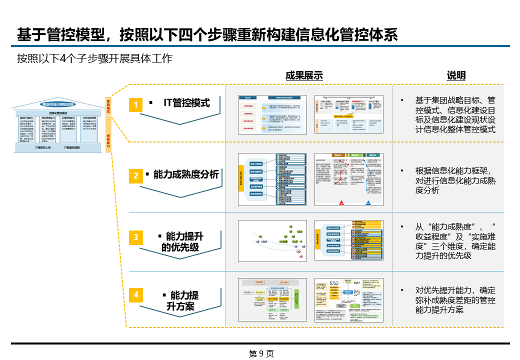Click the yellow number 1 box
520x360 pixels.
coord(136,104)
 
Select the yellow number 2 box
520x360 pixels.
coord(136,175)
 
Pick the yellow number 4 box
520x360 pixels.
coord(136,295)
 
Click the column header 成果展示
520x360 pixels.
coord(304,76)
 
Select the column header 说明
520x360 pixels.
coord(455,76)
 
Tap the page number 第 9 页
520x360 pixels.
coord(261,353)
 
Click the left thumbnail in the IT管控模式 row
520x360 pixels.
coord(272,114)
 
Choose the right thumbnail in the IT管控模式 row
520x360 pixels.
coord(348,114)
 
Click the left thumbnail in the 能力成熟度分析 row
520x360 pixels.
coord(272,179)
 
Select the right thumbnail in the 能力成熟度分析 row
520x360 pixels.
coord(348,179)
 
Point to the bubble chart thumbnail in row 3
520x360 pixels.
coord(272,240)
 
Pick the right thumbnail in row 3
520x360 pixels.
coord(348,240)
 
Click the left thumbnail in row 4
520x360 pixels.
coord(272,300)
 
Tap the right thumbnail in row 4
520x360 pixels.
coord(348,300)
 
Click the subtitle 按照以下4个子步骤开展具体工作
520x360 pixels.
coord(94,58)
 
